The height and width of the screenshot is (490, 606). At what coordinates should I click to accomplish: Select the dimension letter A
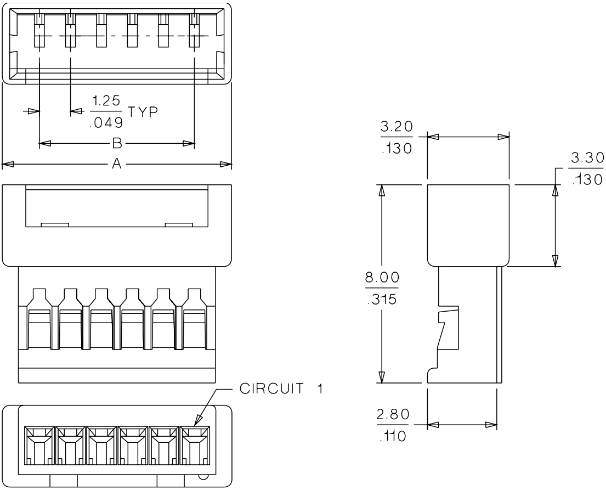(x=116, y=164)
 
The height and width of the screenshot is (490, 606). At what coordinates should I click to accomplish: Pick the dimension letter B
(x=116, y=144)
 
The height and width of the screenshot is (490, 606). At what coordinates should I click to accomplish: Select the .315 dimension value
(x=382, y=300)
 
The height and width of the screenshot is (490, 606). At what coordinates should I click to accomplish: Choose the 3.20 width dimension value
(x=397, y=127)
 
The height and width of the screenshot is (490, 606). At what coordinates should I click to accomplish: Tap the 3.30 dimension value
(x=586, y=159)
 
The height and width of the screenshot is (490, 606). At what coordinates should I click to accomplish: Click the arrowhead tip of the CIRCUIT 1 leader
(x=195, y=426)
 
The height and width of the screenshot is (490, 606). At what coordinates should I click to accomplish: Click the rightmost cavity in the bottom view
(x=195, y=446)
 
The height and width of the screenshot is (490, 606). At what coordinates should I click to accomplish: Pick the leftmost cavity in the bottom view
(x=39, y=446)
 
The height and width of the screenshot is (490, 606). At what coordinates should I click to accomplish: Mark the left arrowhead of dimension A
(x=5, y=164)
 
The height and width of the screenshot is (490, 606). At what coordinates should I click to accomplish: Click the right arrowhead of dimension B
(x=192, y=144)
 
